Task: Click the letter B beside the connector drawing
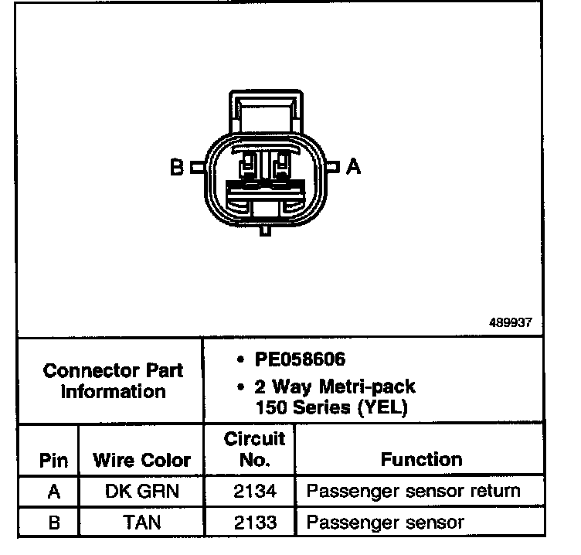176,167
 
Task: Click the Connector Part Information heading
114,380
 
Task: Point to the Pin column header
53,461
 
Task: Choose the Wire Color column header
141,461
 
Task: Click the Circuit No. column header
254,450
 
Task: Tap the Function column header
421,460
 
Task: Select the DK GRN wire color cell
141,491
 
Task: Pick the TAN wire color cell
141,523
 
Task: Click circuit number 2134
254,491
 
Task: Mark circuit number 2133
254,523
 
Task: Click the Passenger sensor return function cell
413,491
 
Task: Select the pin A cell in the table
53,491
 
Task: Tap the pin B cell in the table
53,523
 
